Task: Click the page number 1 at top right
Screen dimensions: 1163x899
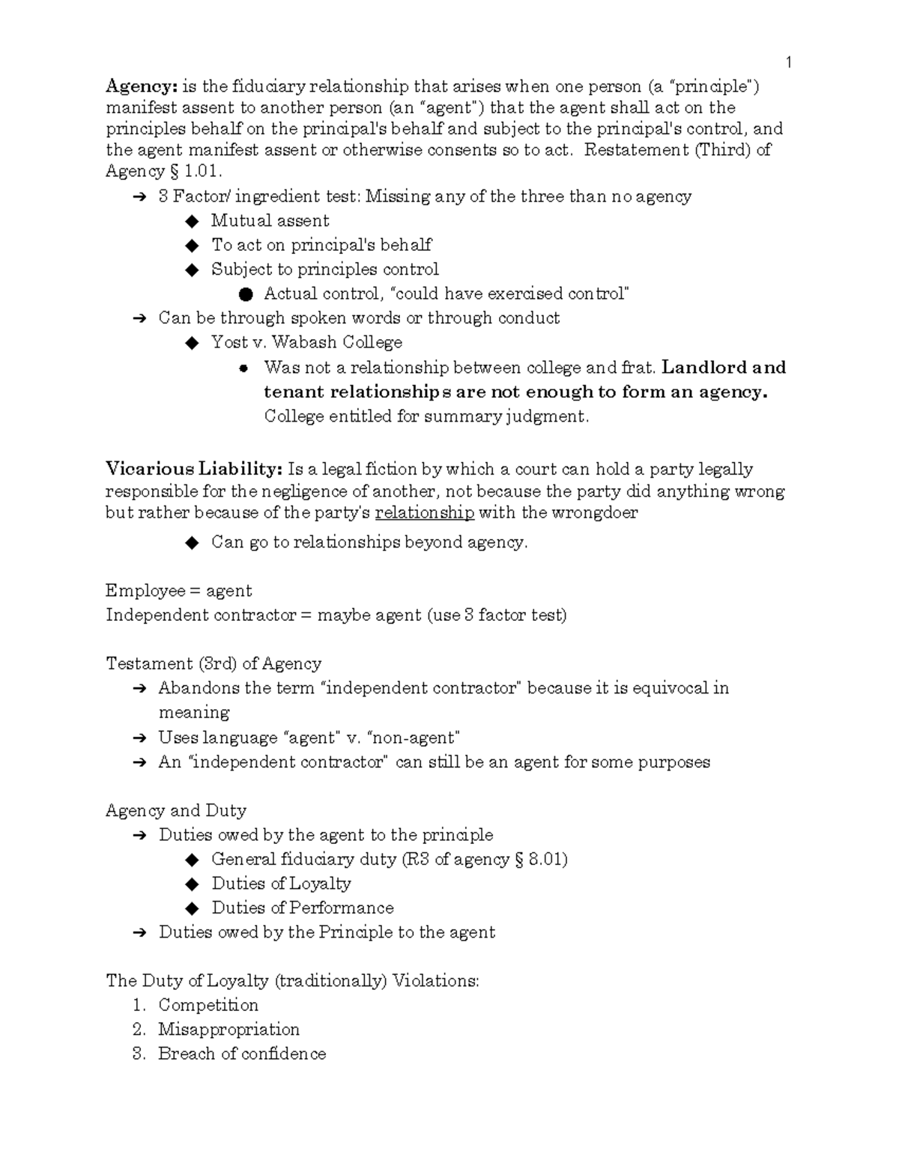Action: (788, 61)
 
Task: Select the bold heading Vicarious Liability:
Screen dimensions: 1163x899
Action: (194, 470)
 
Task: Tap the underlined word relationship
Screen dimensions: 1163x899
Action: (424, 513)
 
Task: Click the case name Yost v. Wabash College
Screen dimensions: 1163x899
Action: (306, 342)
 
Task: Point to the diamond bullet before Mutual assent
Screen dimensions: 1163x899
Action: (193, 221)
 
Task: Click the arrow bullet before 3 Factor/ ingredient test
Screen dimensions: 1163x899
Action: (139, 197)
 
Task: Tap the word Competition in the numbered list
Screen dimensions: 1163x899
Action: (208, 1005)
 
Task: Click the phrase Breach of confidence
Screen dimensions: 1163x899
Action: (242, 1054)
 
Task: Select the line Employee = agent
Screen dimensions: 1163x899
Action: (178, 591)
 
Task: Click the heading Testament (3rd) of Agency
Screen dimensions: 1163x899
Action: (214, 664)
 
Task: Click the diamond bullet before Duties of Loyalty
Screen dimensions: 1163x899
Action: (193, 884)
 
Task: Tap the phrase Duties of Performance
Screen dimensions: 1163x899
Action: (302, 908)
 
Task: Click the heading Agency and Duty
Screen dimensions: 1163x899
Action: (176, 810)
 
